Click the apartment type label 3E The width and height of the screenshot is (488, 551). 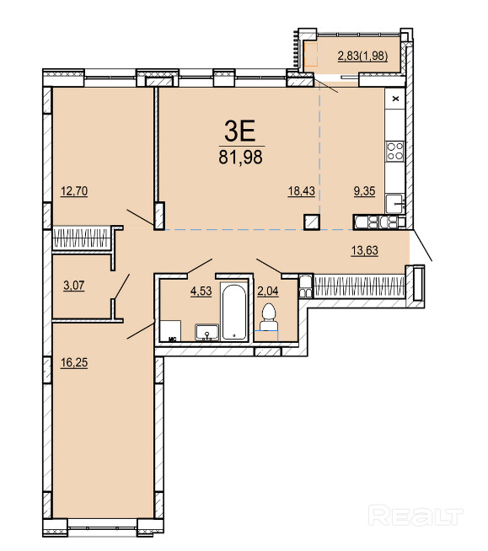pyautogui.click(x=239, y=130)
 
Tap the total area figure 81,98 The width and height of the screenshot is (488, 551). pyautogui.click(x=240, y=157)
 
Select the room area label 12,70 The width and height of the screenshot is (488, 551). pyautogui.click(x=74, y=191)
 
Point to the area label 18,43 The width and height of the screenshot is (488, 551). pyautogui.click(x=301, y=191)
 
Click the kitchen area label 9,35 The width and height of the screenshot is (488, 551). pyautogui.click(x=364, y=191)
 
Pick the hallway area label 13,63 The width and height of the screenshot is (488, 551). pyautogui.click(x=365, y=250)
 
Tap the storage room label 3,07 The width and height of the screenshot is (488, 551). pyautogui.click(x=74, y=286)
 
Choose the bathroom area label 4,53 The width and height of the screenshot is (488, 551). pyautogui.click(x=201, y=291)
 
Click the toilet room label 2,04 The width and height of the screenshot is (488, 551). pyautogui.click(x=268, y=291)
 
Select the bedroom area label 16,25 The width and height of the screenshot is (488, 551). pyautogui.click(x=74, y=362)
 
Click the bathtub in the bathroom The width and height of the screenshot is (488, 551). pyautogui.click(x=234, y=312)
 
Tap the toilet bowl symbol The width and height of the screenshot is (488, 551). pyautogui.click(x=268, y=317)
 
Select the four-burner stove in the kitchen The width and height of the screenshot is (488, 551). pyautogui.click(x=394, y=151)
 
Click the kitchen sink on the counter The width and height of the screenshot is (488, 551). pyautogui.click(x=394, y=204)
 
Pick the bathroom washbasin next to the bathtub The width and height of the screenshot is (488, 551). pyautogui.click(x=207, y=333)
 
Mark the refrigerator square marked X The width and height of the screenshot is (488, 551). pyautogui.click(x=394, y=99)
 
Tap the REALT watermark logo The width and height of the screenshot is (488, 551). pyautogui.click(x=416, y=515)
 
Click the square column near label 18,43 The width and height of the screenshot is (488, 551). pyautogui.click(x=312, y=222)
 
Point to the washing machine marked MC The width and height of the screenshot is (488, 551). pyautogui.click(x=170, y=330)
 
